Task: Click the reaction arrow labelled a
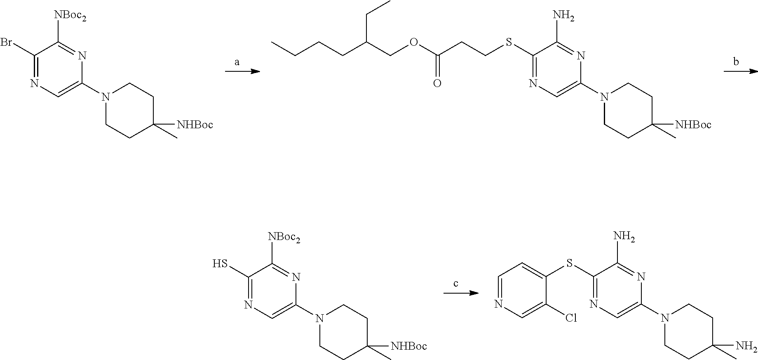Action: click(242, 72)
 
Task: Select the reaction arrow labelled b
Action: click(741, 72)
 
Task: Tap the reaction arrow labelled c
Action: click(461, 293)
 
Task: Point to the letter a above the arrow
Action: click(237, 62)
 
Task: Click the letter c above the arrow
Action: click(455, 284)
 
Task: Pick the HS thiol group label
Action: click(220, 264)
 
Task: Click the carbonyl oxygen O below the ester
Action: click(437, 84)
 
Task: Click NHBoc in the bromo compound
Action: click(195, 125)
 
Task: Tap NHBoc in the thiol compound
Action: click(408, 346)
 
